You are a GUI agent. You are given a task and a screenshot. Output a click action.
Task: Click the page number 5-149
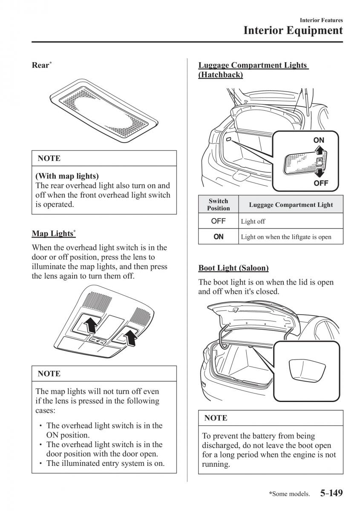331,494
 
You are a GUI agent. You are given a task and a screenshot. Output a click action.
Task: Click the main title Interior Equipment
293,31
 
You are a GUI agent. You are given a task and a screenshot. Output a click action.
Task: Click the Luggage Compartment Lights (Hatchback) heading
253,70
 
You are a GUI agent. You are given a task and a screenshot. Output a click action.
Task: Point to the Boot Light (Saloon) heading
233,268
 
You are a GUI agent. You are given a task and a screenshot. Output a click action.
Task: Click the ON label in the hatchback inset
319,140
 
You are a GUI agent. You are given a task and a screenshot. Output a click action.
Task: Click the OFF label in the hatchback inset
320,184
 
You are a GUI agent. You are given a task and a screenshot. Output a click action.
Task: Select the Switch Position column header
218,204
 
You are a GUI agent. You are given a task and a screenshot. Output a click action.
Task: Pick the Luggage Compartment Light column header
291,205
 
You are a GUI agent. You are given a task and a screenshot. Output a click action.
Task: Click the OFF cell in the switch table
218,221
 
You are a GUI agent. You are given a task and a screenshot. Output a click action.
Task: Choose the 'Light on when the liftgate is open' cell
286,237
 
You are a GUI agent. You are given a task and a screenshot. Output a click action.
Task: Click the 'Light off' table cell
253,221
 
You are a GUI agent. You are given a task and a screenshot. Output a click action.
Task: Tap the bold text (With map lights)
67,175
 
